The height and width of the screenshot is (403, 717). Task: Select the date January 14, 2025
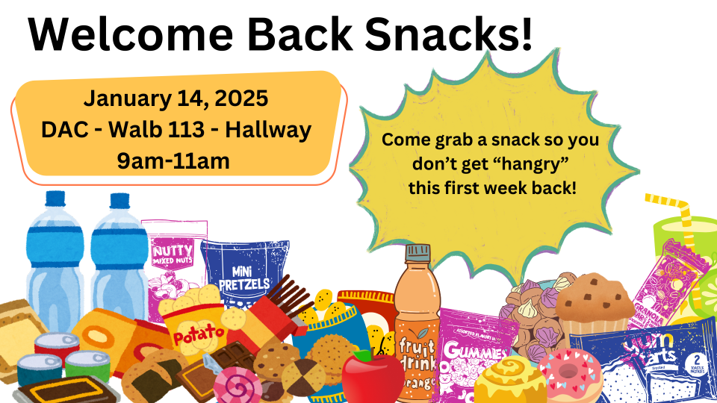click(x=176, y=99)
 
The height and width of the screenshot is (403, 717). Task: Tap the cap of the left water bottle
click(x=55, y=199)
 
